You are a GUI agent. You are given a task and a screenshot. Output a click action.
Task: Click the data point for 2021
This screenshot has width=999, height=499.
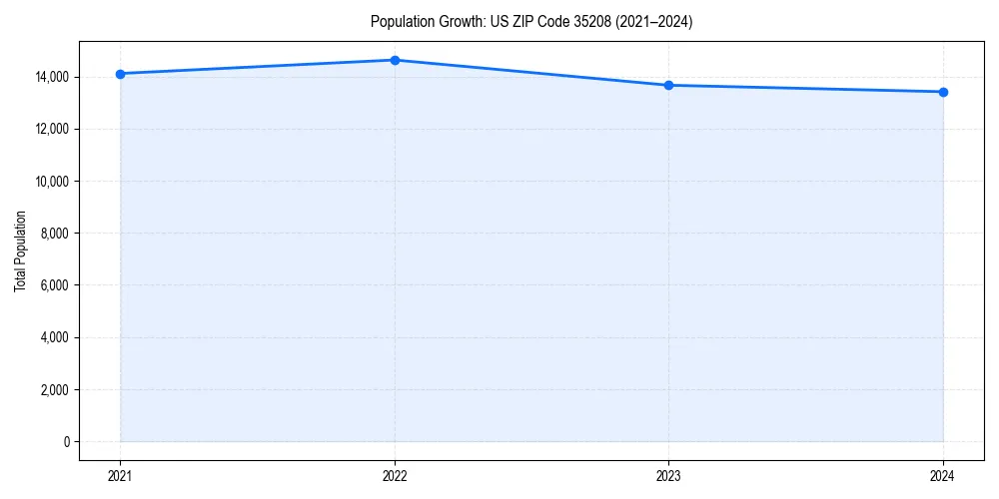[x=120, y=74]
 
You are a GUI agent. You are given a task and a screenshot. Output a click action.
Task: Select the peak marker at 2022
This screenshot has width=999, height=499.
[x=395, y=60]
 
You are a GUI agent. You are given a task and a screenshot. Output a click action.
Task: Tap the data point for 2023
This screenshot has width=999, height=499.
[x=668, y=85]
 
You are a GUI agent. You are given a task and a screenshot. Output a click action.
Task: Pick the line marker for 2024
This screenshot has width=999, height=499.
[x=943, y=92]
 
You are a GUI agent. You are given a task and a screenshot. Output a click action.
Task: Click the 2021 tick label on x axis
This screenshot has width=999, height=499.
[x=120, y=476]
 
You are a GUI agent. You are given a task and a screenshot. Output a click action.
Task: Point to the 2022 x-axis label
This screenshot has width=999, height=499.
[x=395, y=476]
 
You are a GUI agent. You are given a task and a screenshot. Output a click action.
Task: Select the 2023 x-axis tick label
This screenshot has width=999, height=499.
[x=668, y=476]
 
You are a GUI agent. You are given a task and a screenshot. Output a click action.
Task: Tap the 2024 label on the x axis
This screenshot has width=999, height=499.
[x=943, y=476]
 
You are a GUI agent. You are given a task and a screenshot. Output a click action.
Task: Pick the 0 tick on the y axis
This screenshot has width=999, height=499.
[x=67, y=442]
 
